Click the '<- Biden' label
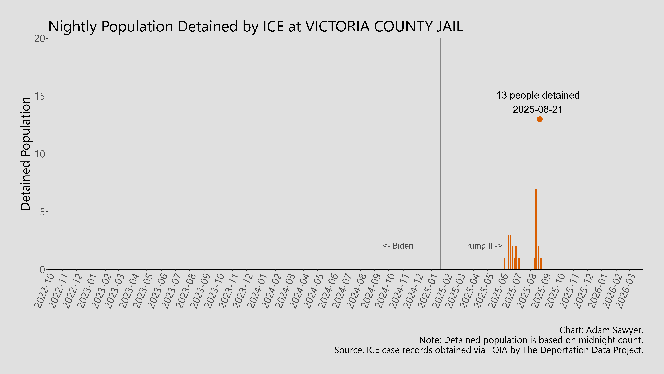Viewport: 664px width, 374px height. pyautogui.click(x=398, y=246)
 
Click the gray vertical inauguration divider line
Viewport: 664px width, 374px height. pyautogui.click(x=440, y=155)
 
